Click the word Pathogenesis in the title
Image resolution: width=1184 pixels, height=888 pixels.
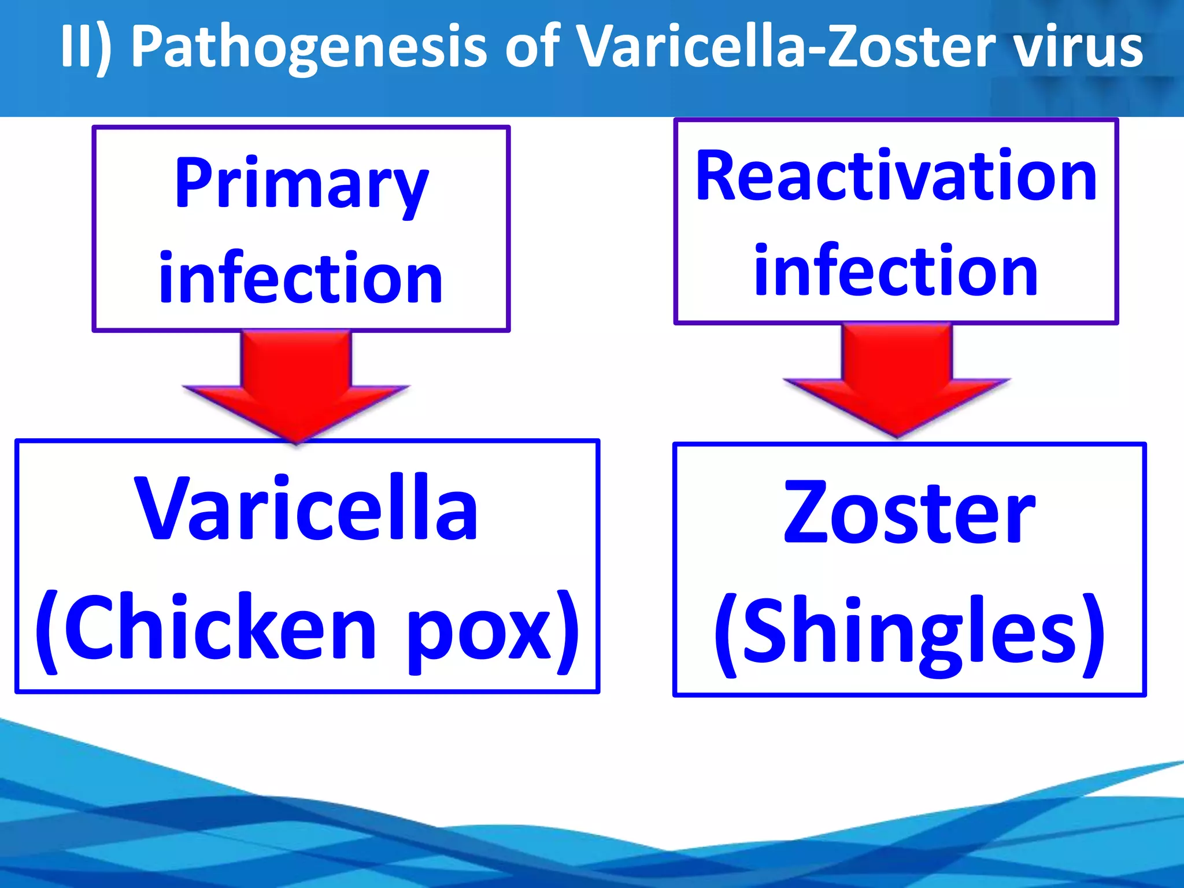tap(309, 47)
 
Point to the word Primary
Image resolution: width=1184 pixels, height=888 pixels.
tap(301, 184)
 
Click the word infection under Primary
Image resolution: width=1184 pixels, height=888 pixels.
tap(301, 279)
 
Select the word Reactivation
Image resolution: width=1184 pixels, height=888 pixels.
tap(896, 176)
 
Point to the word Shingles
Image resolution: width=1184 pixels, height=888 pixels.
tap(910, 633)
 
